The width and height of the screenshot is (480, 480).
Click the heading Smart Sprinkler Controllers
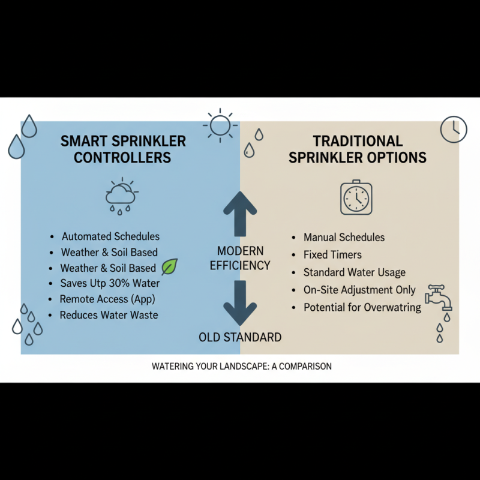point(123,149)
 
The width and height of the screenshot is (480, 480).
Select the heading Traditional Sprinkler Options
point(358,149)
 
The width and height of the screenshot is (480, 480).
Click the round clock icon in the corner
point(453,129)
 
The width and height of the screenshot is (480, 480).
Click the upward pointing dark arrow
point(240,214)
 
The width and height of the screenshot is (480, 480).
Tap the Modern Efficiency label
point(240,258)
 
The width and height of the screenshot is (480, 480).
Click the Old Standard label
point(240,337)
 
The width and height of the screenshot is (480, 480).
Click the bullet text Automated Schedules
point(110,236)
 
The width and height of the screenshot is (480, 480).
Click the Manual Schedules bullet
point(344,238)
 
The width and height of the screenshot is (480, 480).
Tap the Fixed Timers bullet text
point(332,255)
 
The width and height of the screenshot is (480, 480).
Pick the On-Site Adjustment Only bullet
point(359,290)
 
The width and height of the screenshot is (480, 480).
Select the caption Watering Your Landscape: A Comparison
point(242,366)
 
